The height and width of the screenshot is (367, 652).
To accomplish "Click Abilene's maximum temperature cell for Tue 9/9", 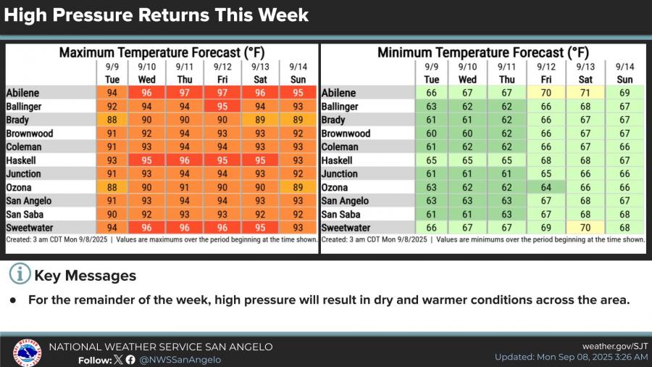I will (112, 93).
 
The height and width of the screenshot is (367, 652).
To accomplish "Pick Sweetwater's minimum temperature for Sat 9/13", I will (585, 228).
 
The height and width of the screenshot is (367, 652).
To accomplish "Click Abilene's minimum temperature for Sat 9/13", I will (585, 93).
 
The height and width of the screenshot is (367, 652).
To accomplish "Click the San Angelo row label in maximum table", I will (30, 201).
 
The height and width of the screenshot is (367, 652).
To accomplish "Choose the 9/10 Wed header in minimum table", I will (467, 73).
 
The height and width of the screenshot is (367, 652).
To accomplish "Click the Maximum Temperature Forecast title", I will (162, 52).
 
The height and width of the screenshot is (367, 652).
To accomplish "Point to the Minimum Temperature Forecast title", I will (483, 52).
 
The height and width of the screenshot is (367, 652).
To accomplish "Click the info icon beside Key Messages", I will (20, 275).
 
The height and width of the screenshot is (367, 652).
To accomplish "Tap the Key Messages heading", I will (85, 276).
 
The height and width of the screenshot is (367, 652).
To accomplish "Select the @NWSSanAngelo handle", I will (180, 360).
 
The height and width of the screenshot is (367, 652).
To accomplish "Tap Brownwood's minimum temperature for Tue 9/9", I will (432, 133).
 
